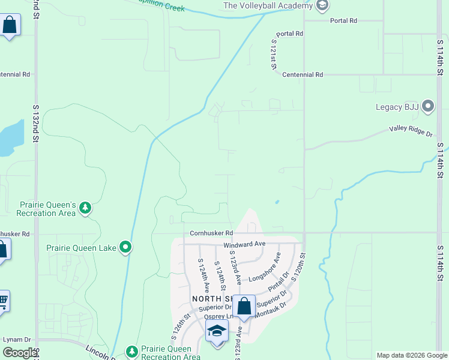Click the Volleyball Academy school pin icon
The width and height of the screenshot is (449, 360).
322,6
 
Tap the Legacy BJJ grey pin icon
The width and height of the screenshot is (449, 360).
428,107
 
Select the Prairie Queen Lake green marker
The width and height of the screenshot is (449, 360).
125,247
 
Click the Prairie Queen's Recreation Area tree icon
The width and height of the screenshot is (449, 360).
86,208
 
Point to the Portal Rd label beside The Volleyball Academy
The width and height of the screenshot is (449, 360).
343,20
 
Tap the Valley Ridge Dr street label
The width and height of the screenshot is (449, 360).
411,130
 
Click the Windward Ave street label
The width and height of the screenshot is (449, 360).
244,245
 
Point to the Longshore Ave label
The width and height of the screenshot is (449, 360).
265,267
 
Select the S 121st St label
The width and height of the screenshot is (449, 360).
273,54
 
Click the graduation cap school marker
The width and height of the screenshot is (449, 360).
217,331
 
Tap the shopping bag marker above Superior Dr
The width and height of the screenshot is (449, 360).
244,307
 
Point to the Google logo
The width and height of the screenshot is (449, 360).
19,353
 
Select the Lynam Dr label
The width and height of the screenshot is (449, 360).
17,340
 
